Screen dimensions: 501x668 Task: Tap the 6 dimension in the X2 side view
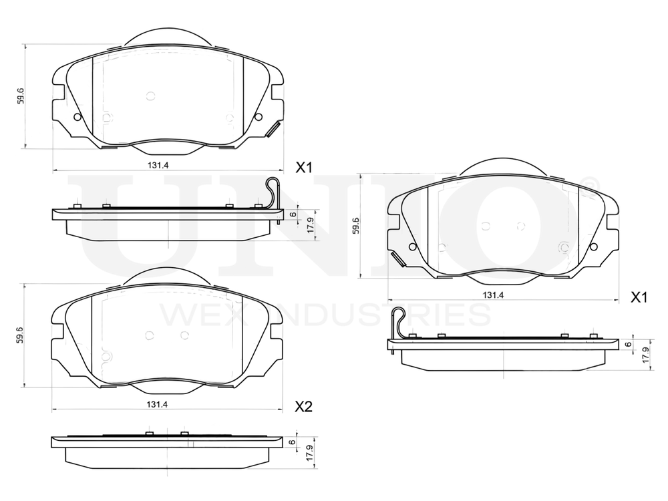click(x=292, y=442)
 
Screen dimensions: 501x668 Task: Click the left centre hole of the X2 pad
click(x=150, y=336)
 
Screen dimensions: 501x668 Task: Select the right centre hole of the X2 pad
click(x=185, y=336)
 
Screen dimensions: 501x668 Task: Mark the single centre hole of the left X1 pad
click(x=150, y=96)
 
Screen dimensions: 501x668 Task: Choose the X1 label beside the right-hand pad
click(x=640, y=297)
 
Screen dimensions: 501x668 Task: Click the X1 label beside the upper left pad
click(x=304, y=168)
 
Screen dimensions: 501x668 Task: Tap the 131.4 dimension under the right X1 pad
click(x=492, y=295)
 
